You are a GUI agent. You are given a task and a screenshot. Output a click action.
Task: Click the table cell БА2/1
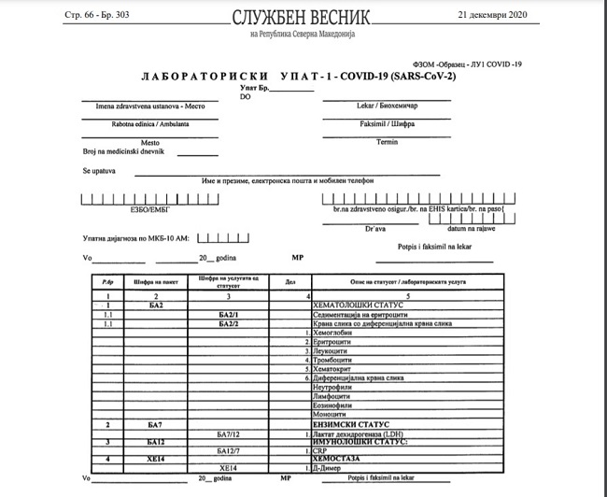pyautogui.click(x=229, y=315)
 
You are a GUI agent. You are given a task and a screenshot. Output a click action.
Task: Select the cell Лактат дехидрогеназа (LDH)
pyautogui.click(x=364, y=433)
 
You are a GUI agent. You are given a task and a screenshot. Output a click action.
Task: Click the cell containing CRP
pyautogui.click(x=321, y=451)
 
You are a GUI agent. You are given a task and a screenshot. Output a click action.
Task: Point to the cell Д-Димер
pyautogui.click(x=329, y=468)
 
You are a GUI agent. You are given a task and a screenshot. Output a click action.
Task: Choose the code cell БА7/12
pyautogui.click(x=229, y=433)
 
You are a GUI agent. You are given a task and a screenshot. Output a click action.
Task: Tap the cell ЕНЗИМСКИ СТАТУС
pyautogui.click(x=350, y=424)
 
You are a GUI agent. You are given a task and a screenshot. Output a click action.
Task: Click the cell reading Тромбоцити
pyautogui.click(x=336, y=360)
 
